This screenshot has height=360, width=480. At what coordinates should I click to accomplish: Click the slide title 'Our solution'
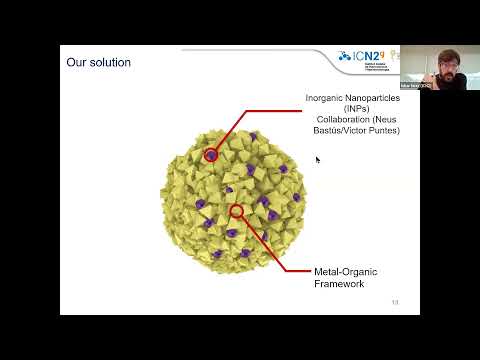click(x=98, y=63)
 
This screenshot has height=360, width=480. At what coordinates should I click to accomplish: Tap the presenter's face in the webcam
click(x=447, y=61)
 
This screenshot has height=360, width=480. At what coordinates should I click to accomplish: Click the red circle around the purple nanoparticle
click(x=210, y=155)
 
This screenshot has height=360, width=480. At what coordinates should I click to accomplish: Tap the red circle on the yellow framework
click(x=237, y=210)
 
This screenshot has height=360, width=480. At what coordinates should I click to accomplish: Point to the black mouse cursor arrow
click(x=318, y=159)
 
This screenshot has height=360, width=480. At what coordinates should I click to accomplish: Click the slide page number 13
click(x=395, y=303)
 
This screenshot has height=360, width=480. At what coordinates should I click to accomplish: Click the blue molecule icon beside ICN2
click(x=345, y=57)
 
